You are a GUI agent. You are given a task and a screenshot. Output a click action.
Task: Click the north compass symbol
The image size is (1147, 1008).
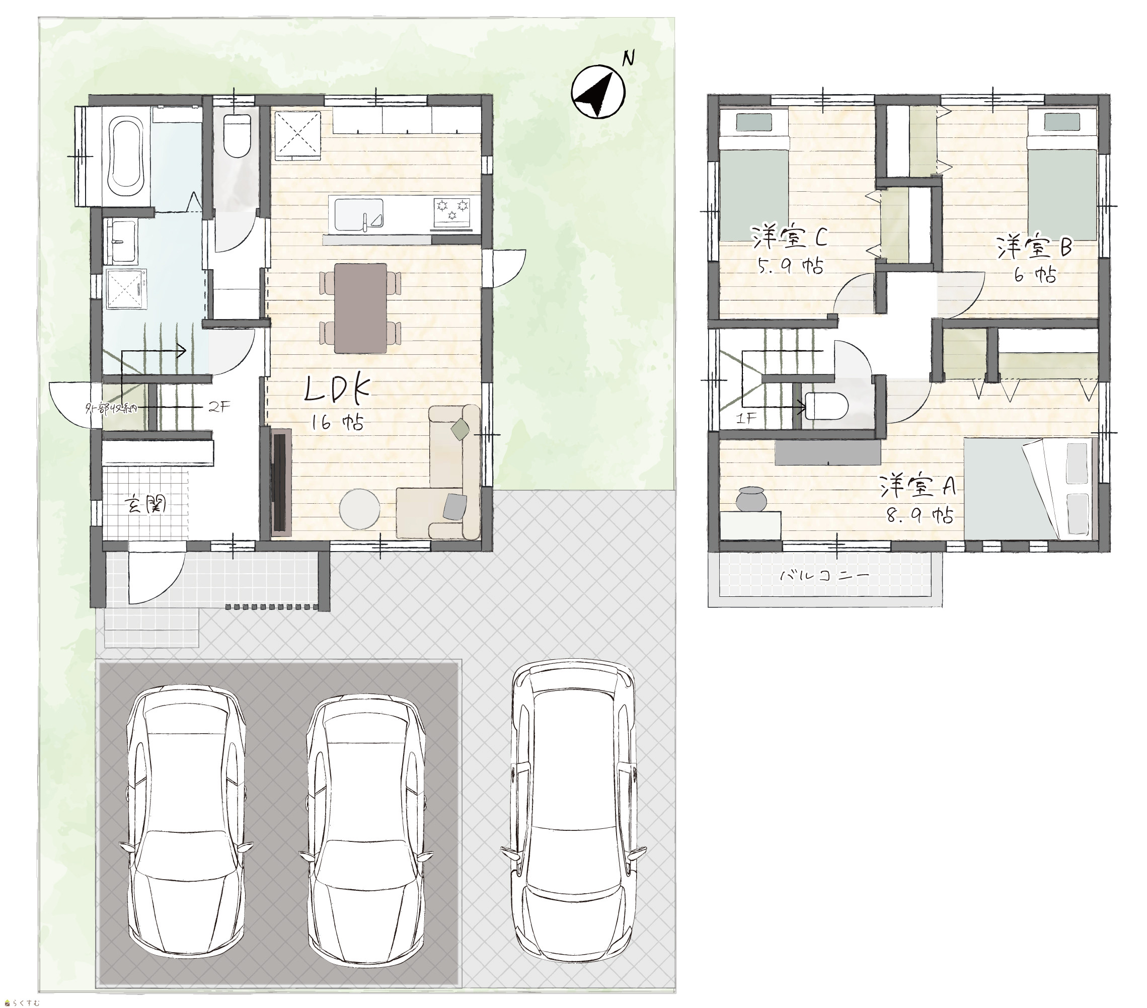click(x=598, y=92)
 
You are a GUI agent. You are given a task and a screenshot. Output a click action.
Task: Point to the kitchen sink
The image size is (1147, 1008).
click(x=359, y=215)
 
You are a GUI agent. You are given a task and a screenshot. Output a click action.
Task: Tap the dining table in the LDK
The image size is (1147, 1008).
click(x=360, y=308)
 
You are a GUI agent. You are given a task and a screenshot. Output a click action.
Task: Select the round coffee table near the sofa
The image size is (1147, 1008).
click(x=360, y=508)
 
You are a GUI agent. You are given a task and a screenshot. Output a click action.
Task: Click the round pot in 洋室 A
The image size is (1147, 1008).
click(x=751, y=498)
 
